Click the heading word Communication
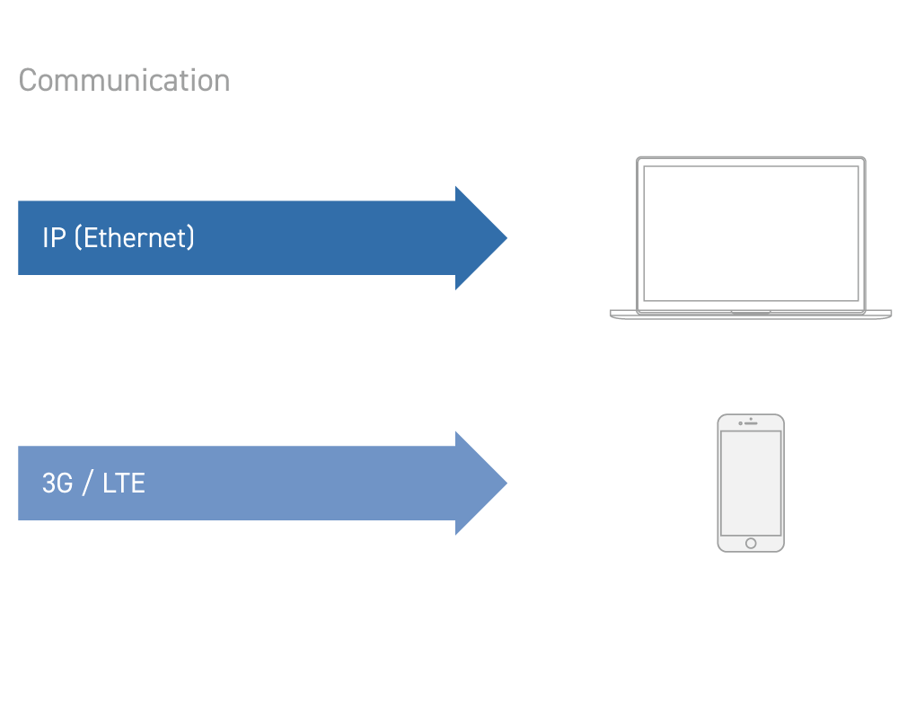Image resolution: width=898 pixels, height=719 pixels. [124, 81]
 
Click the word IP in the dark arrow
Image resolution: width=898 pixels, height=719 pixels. [53, 238]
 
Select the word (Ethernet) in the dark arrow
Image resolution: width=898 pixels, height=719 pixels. [134, 238]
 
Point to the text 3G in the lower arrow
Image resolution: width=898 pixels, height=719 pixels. [57, 484]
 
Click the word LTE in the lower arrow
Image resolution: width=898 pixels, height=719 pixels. [124, 484]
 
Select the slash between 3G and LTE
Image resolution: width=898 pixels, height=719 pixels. [87, 484]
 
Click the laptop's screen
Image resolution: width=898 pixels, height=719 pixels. [751, 234]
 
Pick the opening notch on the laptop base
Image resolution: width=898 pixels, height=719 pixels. [751, 313]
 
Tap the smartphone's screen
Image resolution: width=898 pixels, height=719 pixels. [751, 482]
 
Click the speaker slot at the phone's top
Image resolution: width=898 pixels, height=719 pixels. [753, 423]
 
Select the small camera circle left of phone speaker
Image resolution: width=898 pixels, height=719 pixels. [740, 423]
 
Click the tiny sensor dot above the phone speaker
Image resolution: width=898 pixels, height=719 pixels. [751, 418]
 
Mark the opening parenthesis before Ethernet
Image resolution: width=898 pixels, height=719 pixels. [78, 238]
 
